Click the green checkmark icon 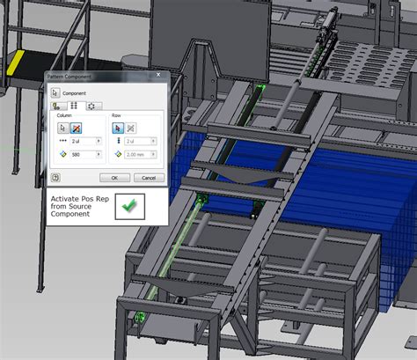pyautogui.click(x=129, y=206)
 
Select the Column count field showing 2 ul pyautogui.click(x=85, y=141)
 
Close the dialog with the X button pyautogui.click(x=161, y=77)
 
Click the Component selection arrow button pyautogui.click(x=55, y=92)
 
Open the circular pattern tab pyautogui.click(x=90, y=106)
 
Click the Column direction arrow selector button pyautogui.click(x=63, y=127)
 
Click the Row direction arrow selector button pyautogui.click(x=119, y=127)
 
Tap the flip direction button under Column pyautogui.click(x=77, y=127)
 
